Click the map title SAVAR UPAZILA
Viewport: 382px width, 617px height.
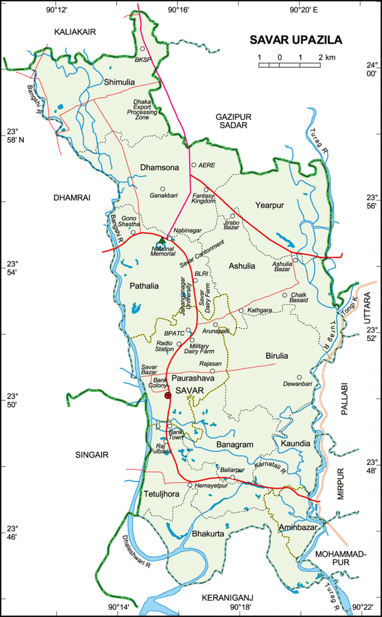coord(296,40)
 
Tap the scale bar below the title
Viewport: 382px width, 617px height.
coord(290,65)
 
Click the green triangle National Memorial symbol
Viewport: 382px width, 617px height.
coord(162,241)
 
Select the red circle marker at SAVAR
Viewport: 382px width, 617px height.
coord(168,395)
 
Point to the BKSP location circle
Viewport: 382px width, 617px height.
coord(142,49)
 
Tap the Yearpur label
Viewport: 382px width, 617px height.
coord(269,205)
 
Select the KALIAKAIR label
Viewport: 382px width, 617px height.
coord(75,31)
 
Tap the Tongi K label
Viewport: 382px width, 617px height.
coord(349,305)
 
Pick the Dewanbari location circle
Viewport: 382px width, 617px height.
coord(299,377)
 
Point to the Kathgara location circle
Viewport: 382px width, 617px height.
coord(241,311)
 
